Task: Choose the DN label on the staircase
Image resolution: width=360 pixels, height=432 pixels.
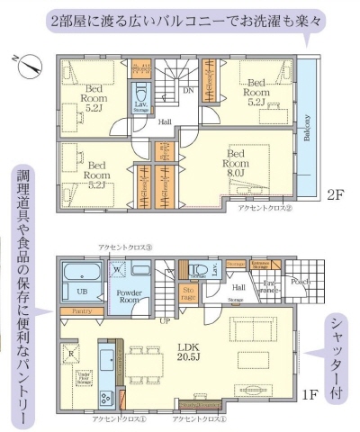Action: (187, 90)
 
